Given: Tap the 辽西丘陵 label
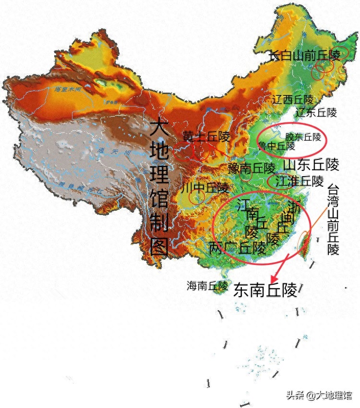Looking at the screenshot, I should click(293, 100).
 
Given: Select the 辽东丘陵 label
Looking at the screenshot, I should click(316, 113).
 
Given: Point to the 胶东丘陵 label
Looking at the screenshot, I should click(303, 137).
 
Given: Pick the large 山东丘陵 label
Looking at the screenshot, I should click(311, 165).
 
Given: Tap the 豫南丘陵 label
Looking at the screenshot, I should click(252, 168).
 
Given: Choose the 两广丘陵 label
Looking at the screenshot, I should click(238, 248).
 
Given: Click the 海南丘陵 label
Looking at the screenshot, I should click(207, 286).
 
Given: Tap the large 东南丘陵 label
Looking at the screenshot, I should click(265, 290).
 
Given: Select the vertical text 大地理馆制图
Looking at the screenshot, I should click(158, 187).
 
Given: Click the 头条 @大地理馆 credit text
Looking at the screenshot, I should click(319, 396).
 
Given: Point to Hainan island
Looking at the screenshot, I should click(219, 293).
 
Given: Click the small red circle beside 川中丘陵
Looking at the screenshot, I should click(196, 196).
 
